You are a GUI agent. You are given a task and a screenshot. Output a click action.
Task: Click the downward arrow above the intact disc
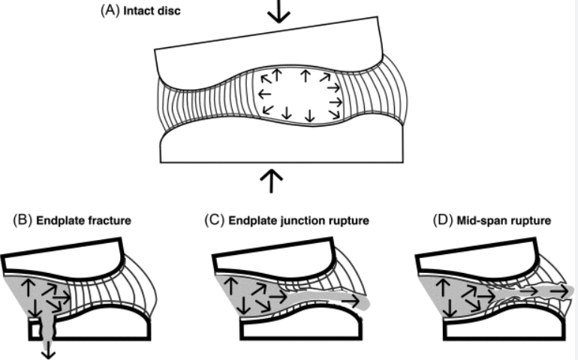point(278,11)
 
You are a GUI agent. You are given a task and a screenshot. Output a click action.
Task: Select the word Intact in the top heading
point(138,12)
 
